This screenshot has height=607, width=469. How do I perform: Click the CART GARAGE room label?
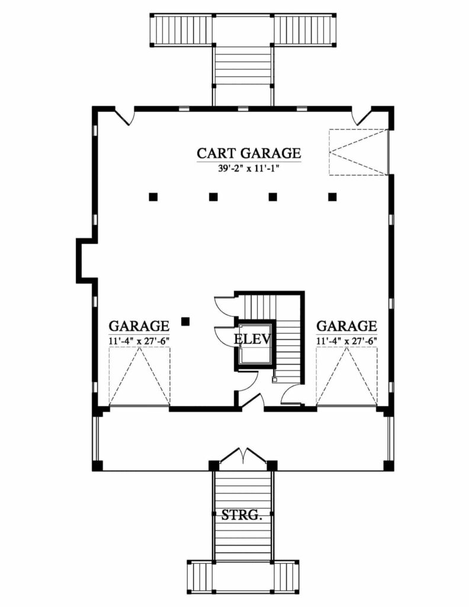(x=249, y=153)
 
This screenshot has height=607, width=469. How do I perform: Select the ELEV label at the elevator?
(x=252, y=339)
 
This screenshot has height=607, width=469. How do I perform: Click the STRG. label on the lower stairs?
(x=242, y=515)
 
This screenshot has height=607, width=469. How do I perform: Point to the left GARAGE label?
(x=139, y=325)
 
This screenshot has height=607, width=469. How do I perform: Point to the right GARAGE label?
(x=346, y=325)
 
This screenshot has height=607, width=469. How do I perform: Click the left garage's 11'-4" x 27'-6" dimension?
(x=139, y=341)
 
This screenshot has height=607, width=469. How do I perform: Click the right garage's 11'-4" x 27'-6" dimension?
(x=346, y=341)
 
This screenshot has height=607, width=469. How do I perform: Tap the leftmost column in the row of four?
(x=153, y=197)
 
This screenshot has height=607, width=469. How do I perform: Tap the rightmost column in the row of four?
(x=333, y=197)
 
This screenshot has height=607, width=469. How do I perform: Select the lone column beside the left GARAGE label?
(x=186, y=321)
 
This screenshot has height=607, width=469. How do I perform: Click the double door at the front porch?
(x=243, y=455)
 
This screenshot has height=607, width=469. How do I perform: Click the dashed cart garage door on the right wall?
(x=358, y=152)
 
